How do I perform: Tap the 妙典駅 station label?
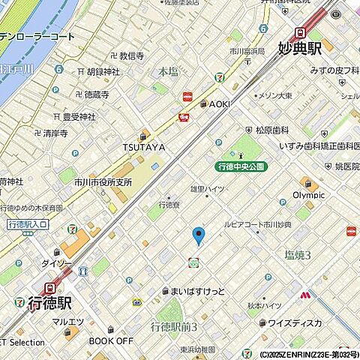pyautogui.click(x=299, y=48)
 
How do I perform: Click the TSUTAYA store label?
pyautogui.click(x=143, y=148)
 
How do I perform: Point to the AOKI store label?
pyautogui.click(x=218, y=103)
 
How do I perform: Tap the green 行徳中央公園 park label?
pyautogui.click(x=240, y=166)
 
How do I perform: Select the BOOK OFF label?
pyautogui.click(x=111, y=340)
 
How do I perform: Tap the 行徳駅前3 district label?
pyautogui.click(x=174, y=327)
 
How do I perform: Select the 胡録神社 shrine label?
pyautogui.click(x=103, y=72)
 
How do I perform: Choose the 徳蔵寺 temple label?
pyautogui.click(x=95, y=94)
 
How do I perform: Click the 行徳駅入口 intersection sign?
pyautogui.click(x=27, y=224)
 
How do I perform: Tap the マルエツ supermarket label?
pyautogui.click(x=67, y=323)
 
